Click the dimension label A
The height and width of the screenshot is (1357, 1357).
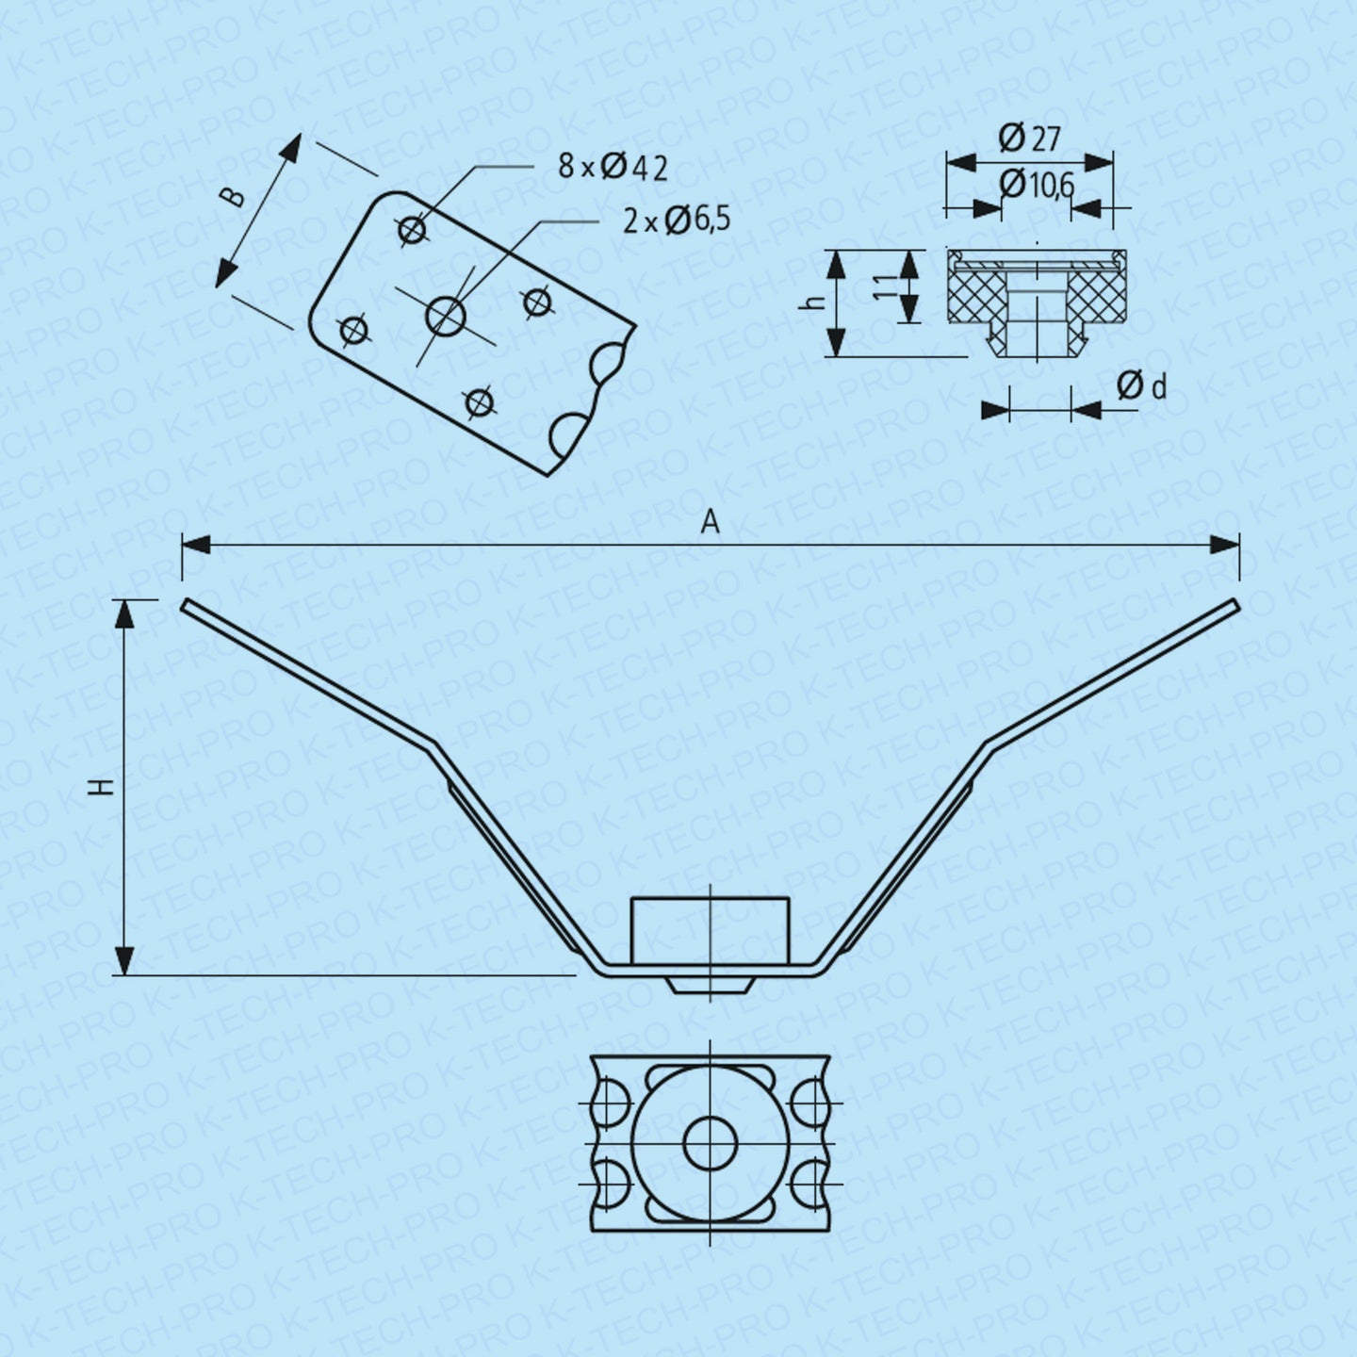click(x=711, y=522)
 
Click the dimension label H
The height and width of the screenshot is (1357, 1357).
click(x=104, y=787)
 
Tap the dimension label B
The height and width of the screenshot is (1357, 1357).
click(x=236, y=196)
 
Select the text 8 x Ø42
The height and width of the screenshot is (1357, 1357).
click(x=612, y=168)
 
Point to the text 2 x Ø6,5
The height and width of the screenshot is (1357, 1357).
click(x=676, y=221)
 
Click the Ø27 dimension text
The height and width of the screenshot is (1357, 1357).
click(x=1029, y=138)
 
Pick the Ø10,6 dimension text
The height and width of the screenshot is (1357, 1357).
click(x=1037, y=185)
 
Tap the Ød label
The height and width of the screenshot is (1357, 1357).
click(x=1141, y=385)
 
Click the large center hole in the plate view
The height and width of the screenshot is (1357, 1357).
click(x=446, y=315)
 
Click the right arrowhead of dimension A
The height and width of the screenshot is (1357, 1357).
click(x=1225, y=545)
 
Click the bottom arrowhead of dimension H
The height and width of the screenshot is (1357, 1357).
click(x=124, y=961)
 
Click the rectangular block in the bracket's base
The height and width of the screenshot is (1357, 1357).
click(x=710, y=930)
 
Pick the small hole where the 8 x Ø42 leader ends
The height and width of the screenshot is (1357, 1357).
click(x=412, y=230)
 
